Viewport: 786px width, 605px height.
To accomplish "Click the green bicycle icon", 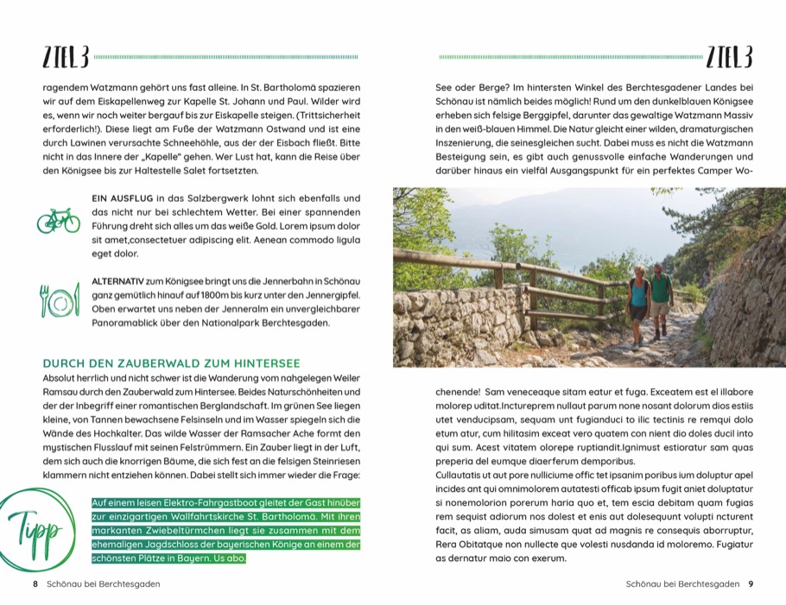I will (58, 220).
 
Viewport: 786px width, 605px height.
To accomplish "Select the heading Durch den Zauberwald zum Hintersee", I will (171, 363).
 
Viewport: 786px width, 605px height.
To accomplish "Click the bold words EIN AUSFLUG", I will (123, 199).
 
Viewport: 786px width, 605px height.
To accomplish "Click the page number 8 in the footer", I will (35, 584).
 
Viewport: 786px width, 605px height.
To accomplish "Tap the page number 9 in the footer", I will (751, 584).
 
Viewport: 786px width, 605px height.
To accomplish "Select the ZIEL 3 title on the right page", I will (729, 58).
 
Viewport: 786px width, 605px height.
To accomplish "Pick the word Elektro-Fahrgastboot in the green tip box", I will (192, 503).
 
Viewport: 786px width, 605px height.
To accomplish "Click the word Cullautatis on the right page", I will (462, 476).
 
